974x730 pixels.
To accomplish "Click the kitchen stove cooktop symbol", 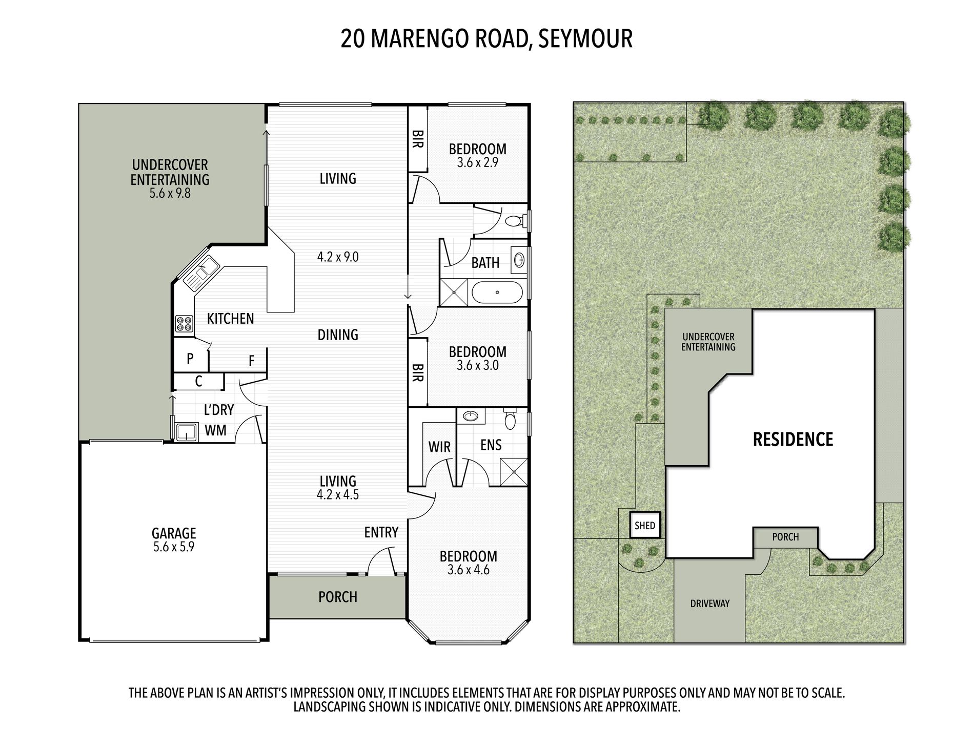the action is tap(184, 324).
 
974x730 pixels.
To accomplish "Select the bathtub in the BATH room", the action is tap(497, 292).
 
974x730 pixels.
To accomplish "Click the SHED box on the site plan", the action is tap(645, 525).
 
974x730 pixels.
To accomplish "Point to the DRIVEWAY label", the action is tap(709, 603).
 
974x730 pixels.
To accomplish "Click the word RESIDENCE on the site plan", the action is tap(793, 439).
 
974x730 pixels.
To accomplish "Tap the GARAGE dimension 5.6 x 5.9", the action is tap(174, 547).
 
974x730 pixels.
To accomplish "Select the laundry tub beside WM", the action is tap(187, 432).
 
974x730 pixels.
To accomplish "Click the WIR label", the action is tap(439, 447).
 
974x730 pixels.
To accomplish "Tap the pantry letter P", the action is tap(190, 359).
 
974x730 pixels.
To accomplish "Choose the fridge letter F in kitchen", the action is tap(252, 361).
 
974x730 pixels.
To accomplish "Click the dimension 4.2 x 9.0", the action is tap(338, 257).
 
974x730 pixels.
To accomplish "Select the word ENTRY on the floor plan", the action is tap(381, 532).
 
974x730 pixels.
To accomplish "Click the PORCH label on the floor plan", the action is tap(338, 597).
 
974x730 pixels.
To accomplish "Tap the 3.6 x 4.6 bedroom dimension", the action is tap(469, 570).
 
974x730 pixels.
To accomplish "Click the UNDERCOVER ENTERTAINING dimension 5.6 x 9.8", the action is tap(170, 193).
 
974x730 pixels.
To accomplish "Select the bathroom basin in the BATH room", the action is tap(519, 259).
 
